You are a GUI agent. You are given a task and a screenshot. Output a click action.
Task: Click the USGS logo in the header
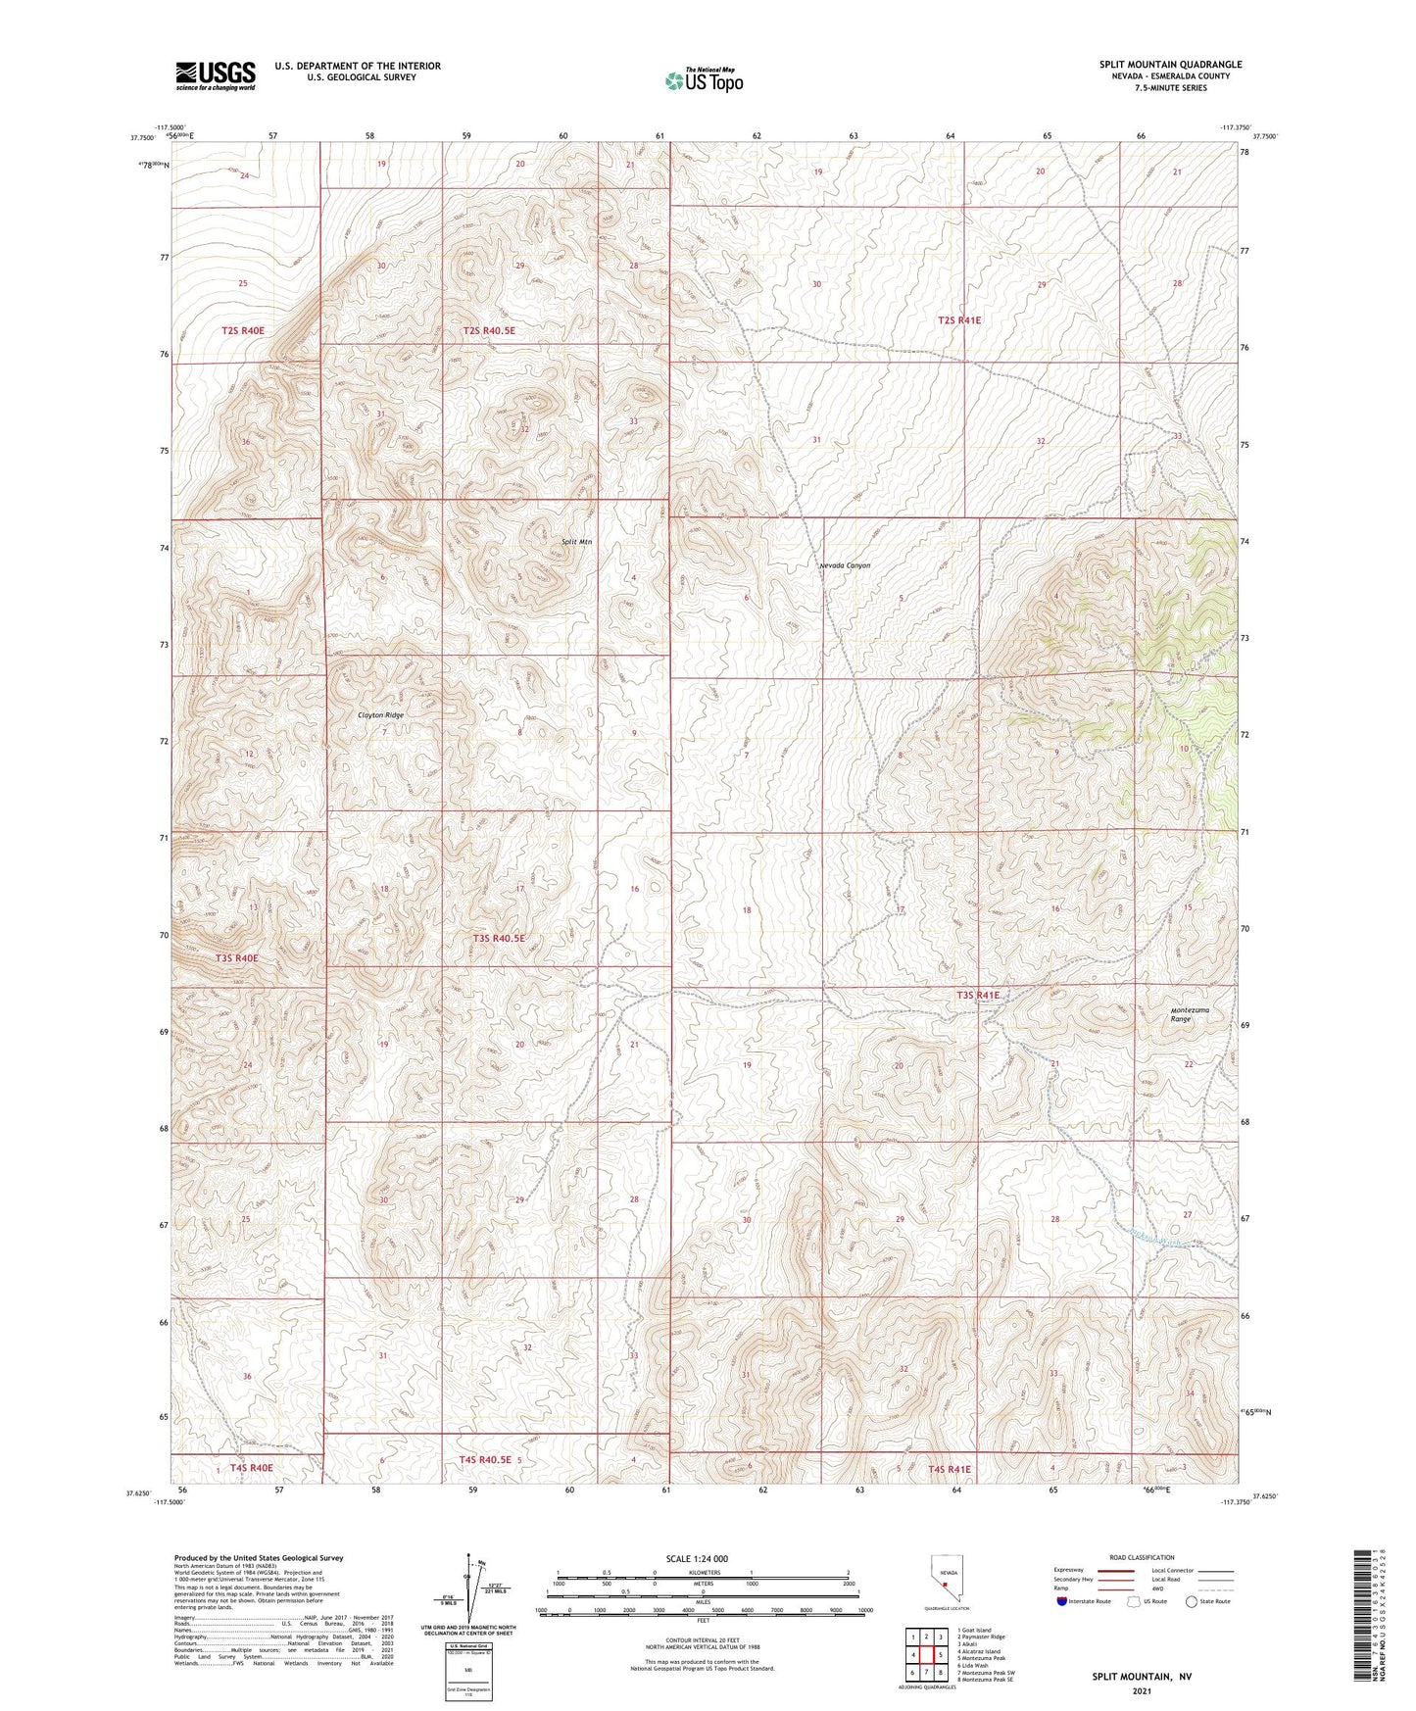(x=216, y=75)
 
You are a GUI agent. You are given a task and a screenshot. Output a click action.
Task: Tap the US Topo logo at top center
(x=703, y=80)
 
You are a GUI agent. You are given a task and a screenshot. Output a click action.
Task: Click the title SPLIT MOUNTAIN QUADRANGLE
(x=1170, y=65)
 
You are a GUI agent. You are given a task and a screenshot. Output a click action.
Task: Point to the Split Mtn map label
(x=576, y=542)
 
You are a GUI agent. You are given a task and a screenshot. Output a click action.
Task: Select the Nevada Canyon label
(x=845, y=565)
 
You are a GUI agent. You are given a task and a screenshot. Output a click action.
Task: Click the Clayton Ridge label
(x=380, y=715)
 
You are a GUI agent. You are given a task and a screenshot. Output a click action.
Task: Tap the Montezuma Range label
(x=1190, y=1014)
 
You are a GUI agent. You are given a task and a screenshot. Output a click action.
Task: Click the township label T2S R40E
(x=243, y=331)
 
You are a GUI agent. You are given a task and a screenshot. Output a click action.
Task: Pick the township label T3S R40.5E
(x=499, y=938)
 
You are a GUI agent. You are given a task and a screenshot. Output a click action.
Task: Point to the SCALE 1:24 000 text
(x=697, y=1558)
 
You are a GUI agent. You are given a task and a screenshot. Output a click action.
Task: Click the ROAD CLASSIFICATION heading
(x=1143, y=1557)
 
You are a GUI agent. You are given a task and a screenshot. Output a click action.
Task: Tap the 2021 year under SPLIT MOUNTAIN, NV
(x=1142, y=1690)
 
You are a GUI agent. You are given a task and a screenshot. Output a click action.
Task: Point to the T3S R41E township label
(x=978, y=995)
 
